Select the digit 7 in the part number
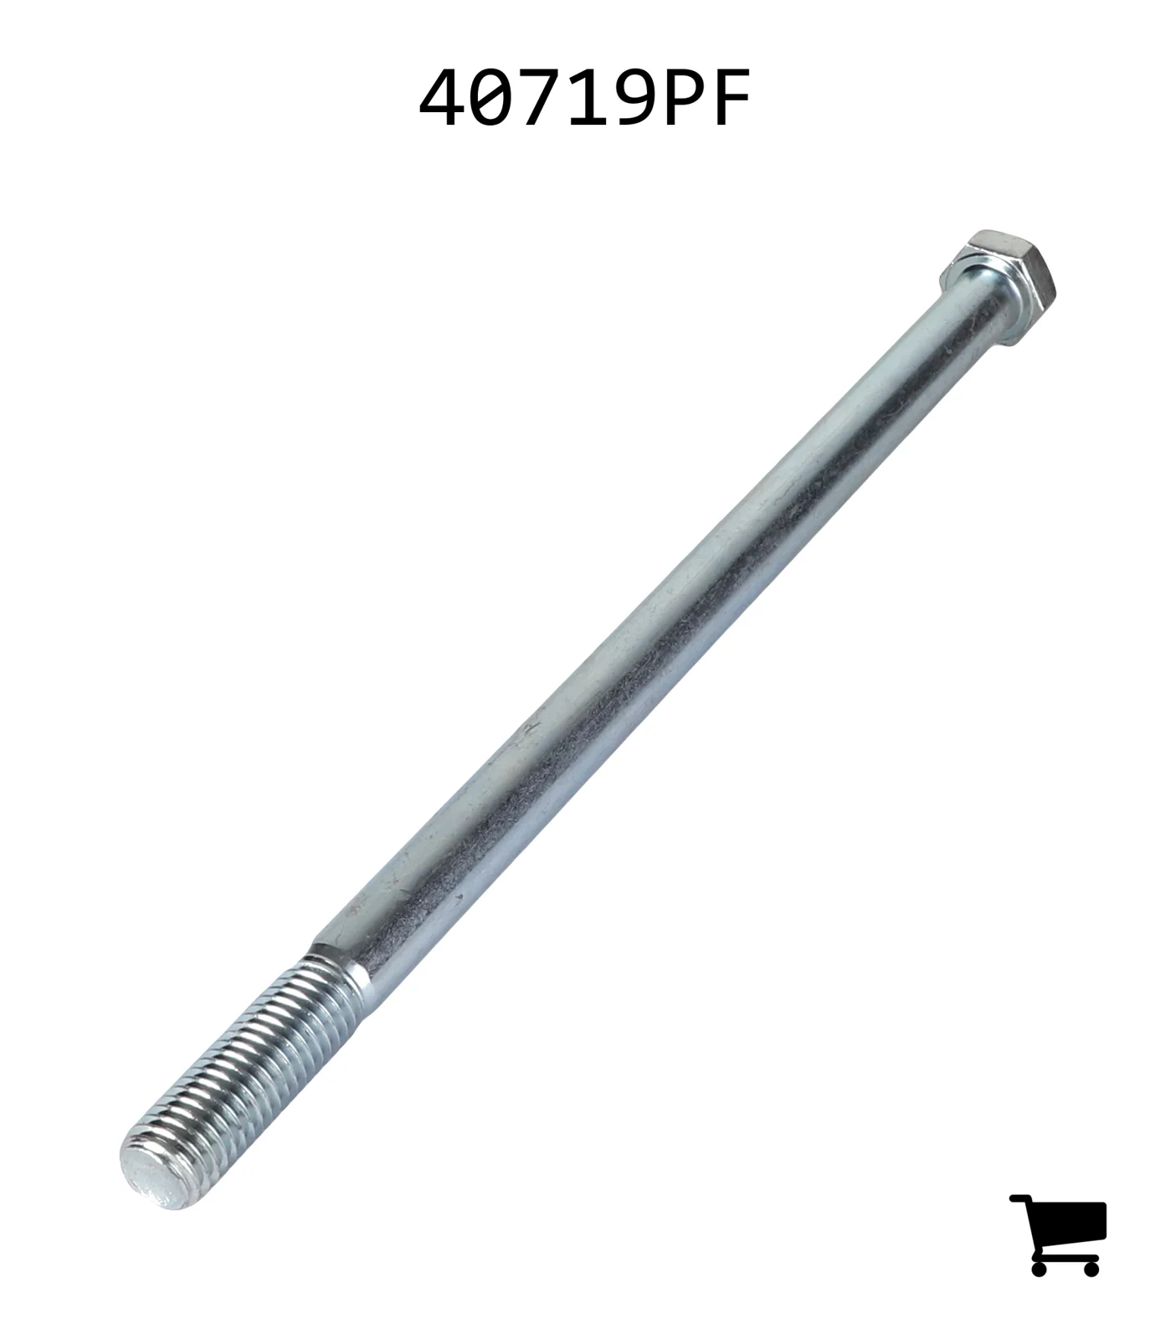[537, 98]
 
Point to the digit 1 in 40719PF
[585, 98]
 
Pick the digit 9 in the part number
[632, 98]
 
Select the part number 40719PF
[584, 98]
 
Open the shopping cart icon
[1059, 1234]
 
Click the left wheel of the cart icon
[1040, 1268]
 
